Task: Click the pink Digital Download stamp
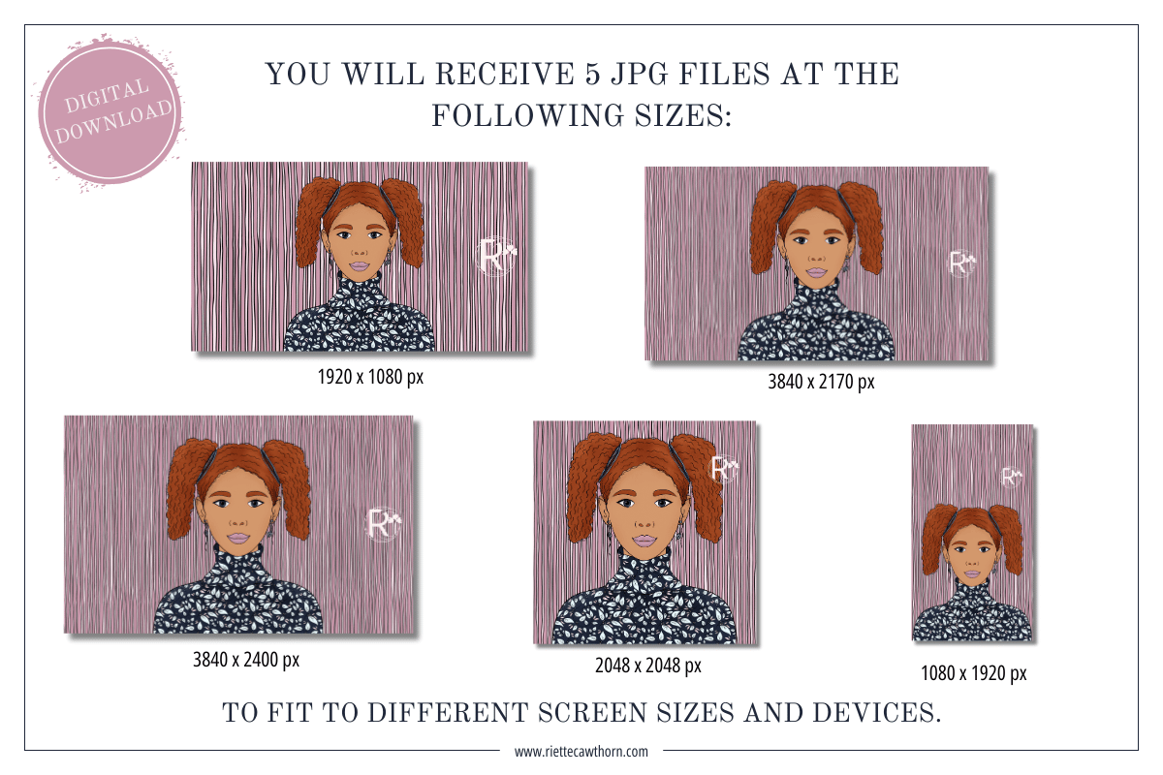110,112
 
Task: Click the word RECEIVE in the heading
505,75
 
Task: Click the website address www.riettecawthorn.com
581,752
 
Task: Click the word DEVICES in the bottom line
877,713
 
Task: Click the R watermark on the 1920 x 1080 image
496,256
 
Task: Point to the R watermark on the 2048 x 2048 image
724,468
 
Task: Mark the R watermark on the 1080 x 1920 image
1011,477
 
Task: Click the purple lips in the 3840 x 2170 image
816,272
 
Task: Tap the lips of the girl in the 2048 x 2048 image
644,541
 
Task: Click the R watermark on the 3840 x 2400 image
383,524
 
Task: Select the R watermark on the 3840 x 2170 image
961,263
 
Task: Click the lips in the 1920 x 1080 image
360,266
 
